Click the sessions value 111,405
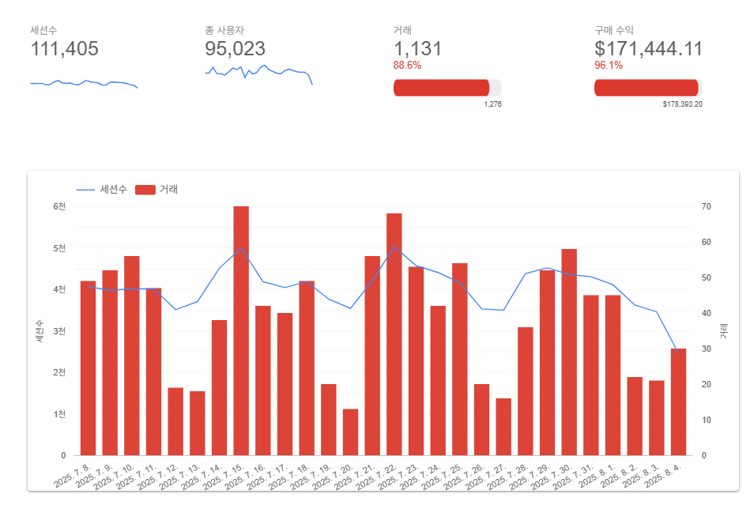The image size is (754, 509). coord(64,49)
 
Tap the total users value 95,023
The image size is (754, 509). coord(235,49)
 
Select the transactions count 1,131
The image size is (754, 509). coord(417,49)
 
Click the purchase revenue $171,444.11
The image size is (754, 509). coord(648,49)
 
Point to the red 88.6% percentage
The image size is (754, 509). coord(407,66)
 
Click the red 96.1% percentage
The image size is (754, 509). coord(608,66)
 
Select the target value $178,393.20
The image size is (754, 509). coord(682,104)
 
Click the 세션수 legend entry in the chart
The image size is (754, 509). coord(102,190)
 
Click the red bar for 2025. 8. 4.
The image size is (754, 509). coord(678,402)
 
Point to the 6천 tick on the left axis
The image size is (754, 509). coord(59,206)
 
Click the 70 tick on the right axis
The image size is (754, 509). coord(706,206)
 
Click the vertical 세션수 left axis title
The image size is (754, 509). coord(38,330)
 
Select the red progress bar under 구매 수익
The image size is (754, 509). coord(646,88)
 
